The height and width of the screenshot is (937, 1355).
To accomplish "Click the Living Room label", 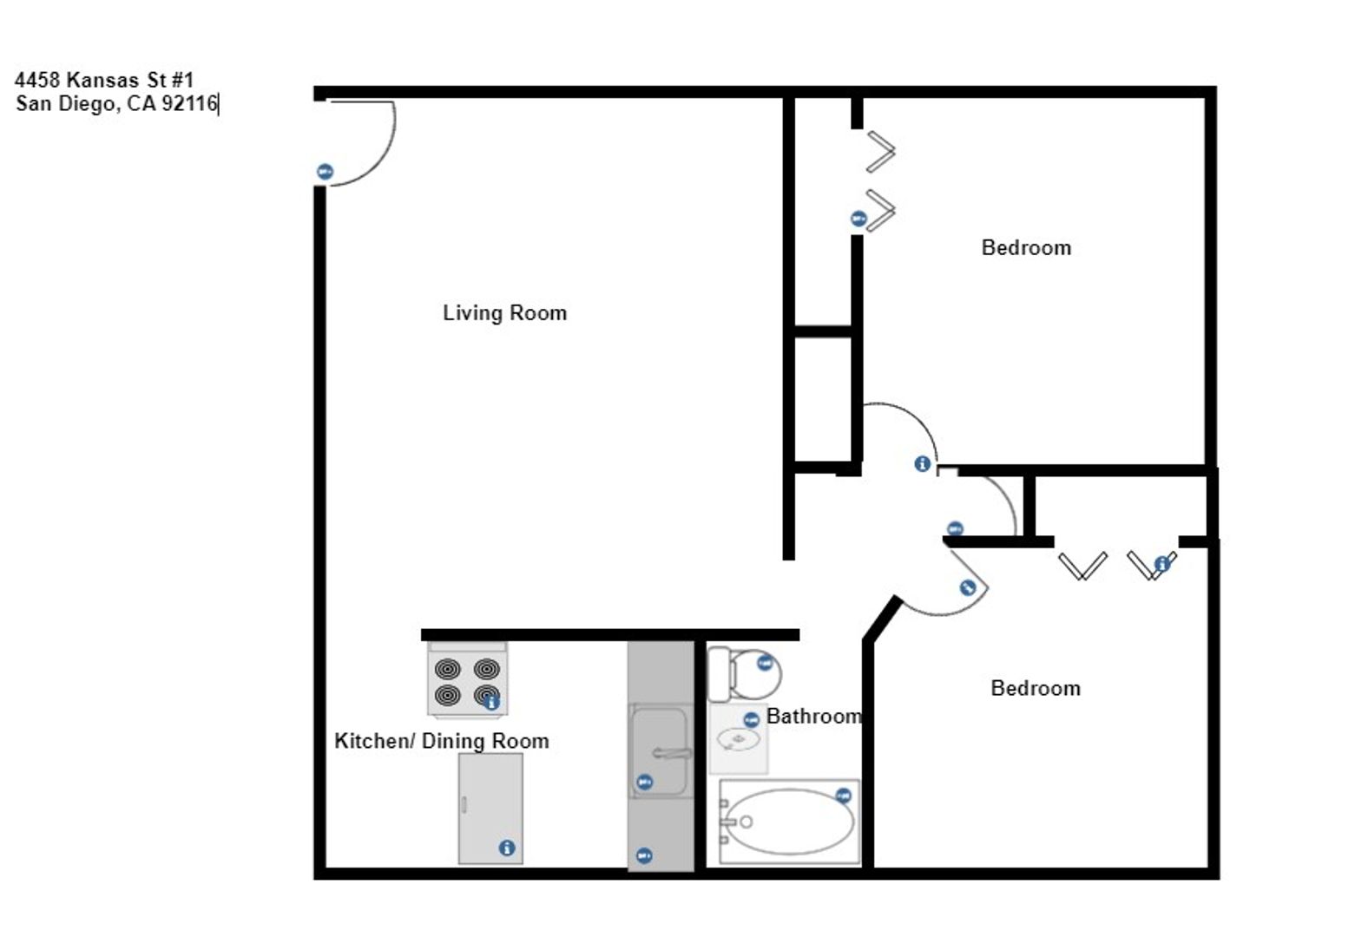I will pos(504,313).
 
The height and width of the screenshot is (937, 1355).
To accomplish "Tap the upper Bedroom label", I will pos(1025,248).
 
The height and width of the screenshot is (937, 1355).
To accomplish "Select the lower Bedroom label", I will pos(1035,688).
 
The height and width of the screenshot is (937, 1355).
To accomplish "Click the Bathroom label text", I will pos(813,717).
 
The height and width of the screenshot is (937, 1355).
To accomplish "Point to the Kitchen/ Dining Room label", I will pos(441,741).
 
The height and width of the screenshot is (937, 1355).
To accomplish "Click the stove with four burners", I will pos(467,682).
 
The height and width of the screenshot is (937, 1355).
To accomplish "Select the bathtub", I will pos(789,822).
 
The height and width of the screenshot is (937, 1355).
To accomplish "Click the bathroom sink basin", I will pos(738,740).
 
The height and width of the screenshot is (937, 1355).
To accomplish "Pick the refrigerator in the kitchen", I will pos(490,808).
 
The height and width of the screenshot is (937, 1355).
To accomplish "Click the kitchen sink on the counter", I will pos(659,751).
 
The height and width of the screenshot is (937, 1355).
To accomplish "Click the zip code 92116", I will pos(189,105).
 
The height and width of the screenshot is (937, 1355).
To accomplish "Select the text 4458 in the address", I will pos(37,80).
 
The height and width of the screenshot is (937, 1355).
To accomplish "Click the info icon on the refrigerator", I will pos(507,848).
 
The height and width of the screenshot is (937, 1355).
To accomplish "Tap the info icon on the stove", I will pos(492,702).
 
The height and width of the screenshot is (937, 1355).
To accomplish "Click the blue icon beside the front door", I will pos(325,172).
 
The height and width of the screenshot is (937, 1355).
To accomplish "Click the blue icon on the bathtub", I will pos(843,796).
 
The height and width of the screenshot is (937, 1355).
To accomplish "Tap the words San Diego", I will pos(65,105).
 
